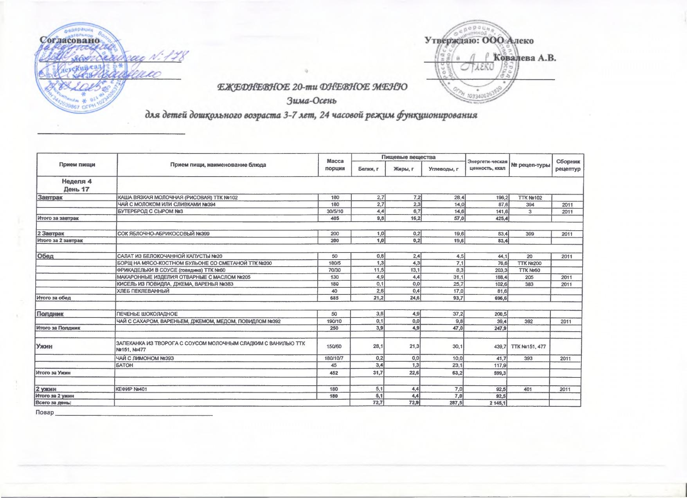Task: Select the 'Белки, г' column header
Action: point(368,169)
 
